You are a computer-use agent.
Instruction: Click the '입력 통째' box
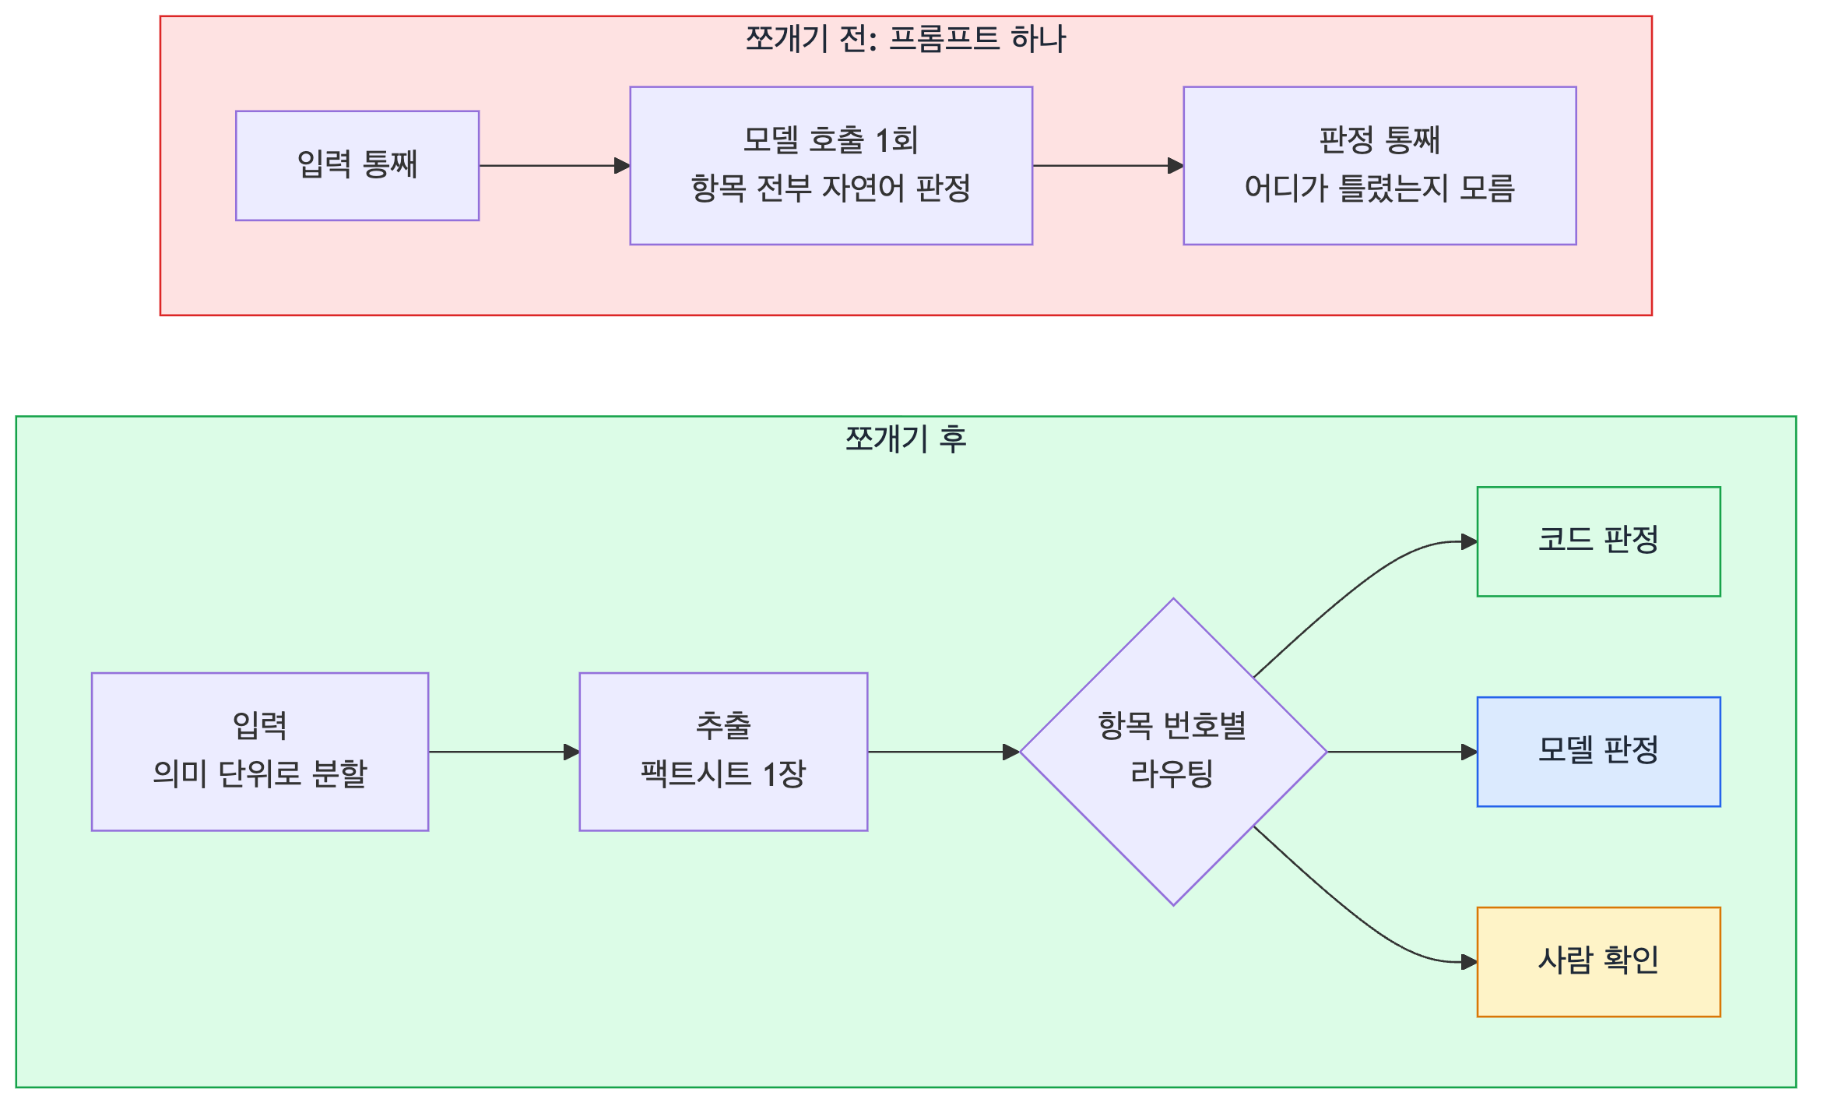[x=357, y=165]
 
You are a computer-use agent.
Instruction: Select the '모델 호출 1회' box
[x=831, y=165]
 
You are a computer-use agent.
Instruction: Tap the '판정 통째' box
[x=1379, y=165]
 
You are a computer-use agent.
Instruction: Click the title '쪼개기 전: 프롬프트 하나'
[x=905, y=39]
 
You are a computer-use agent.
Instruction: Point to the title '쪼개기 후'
[x=905, y=439]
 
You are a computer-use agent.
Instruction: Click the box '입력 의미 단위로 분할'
[x=260, y=752]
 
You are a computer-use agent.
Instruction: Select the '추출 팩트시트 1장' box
[x=723, y=752]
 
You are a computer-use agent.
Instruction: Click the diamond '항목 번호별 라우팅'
[x=1173, y=752]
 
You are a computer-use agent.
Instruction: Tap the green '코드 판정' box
[x=1598, y=541]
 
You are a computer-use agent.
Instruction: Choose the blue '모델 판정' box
[x=1598, y=752]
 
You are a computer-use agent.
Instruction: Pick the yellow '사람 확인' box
[x=1598, y=962]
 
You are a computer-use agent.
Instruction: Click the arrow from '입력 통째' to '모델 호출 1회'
[x=554, y=165]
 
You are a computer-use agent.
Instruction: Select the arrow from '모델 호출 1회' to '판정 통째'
[x=1108, y=165]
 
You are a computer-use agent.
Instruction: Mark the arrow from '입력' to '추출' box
[x=504, y=752]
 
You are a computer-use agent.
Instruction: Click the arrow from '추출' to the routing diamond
[x=944, y=752]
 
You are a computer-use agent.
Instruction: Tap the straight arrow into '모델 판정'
[x=1402, y=752]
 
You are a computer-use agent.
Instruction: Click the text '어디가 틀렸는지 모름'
[x=1379, y=189]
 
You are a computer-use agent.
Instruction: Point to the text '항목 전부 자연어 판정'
[x=831, y=189]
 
